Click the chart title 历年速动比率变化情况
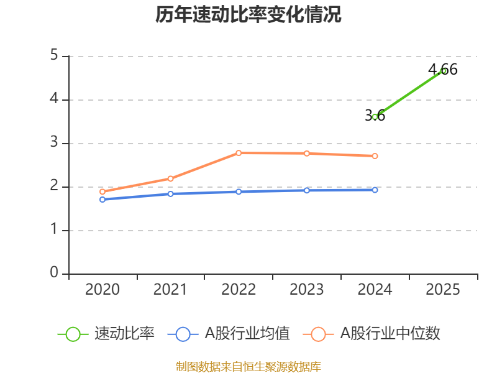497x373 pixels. point(248,15)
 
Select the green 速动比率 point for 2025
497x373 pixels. point(443,71)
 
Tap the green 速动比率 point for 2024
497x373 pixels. point(375,117)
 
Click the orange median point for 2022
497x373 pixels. point(239,153)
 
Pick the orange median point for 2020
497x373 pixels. point(103,192)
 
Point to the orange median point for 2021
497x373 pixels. point(170,178)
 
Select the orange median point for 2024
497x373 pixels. point(375,156)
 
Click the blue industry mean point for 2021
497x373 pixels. point(170,194)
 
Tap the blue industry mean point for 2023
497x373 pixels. point(307,190)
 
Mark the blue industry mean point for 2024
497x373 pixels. point(375,190)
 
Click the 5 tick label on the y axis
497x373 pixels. point(54,56)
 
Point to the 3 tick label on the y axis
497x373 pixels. point(54,143)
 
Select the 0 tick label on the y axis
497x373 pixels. point(54,274)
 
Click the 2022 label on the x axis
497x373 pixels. point(239,290)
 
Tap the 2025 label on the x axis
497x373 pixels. point(443,290)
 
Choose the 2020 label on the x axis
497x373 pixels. point(103,290)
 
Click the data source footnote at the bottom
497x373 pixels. point(248,367)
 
